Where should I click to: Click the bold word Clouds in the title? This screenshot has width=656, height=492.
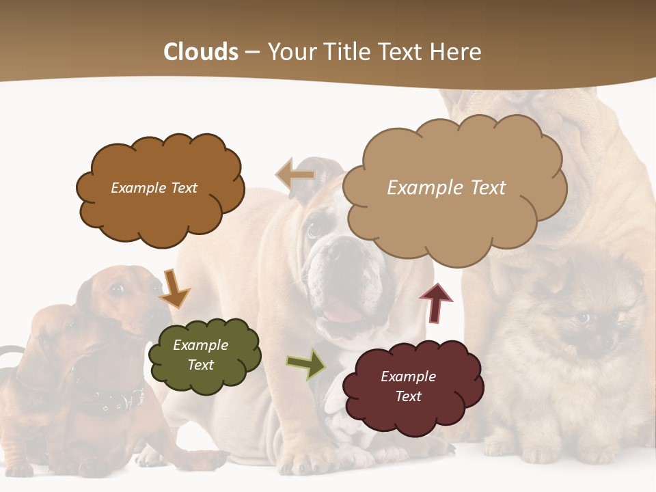pyautogui.click(x=201, y=52)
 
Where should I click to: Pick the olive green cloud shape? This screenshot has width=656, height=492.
pyautogui.click(x=204, y=355)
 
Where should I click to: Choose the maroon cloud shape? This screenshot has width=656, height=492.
pyautogui.click(x=412, y=386)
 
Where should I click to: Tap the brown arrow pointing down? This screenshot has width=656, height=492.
pyautogui.click(x=174, y=288)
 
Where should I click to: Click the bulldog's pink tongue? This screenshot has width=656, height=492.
pyautogui.click(x=342, y=313)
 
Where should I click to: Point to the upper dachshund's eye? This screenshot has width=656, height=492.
pyautogui.click(x=117, y=290)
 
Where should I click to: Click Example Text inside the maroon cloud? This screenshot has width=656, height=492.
pyautogui.click(x=408, y=386)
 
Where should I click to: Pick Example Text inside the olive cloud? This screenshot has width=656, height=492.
pyautogui.click(x=200, y=355)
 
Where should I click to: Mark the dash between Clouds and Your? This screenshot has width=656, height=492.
pyautogui.click(x=252, y=53)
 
